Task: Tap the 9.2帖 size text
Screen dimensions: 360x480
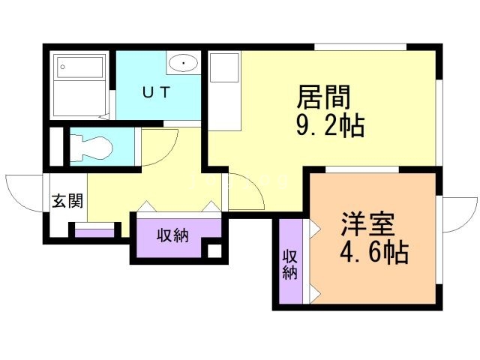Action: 330,125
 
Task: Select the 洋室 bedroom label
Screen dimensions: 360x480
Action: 367,224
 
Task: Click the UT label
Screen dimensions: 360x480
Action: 157,92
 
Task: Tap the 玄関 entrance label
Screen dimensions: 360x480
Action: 67,200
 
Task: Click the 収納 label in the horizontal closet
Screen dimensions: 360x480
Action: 172,235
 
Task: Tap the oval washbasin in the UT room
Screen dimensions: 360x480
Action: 183,64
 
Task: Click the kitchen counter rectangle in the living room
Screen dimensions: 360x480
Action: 223,90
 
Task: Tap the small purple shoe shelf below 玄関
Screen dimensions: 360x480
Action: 94,232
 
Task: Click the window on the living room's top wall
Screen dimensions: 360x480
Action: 360,46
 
